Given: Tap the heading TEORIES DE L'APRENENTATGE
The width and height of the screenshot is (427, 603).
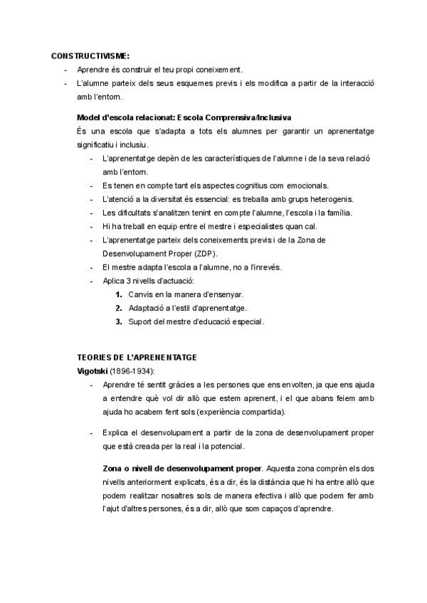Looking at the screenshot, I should (x=137, y=356).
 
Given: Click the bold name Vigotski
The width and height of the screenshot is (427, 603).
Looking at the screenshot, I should (x=93, y=370).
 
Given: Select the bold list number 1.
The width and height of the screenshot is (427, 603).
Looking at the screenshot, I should (x=119, y=294).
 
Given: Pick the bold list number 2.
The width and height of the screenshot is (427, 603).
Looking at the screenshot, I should (x=119, y=308).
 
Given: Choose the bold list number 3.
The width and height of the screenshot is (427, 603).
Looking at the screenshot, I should (x=119, y=321).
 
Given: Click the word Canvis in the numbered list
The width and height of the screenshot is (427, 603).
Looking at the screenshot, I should (x=141, y=294).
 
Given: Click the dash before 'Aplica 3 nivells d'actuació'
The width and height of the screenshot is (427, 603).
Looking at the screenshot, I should (x=93, y=281).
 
